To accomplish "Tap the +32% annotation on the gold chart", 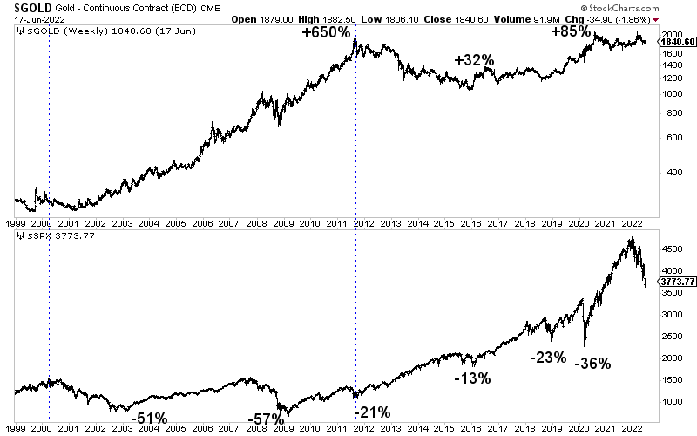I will (x=475, y=60).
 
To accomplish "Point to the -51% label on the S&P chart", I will (x=150, y=419).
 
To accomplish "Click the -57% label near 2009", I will (x=267, y=419).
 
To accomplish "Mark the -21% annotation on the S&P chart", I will (x=371, y=412).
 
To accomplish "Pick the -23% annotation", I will (x=549, y=358).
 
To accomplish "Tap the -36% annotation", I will (x=593, y=364).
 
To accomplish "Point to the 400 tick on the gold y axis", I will (x=669, y=172).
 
